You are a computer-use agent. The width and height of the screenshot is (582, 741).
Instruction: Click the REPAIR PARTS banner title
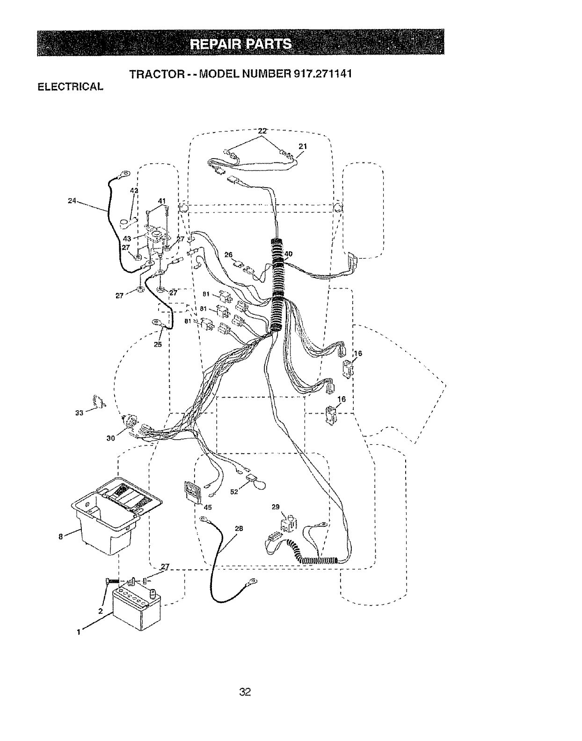(240, 44)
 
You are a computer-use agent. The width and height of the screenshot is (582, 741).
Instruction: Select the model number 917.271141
(318, 74)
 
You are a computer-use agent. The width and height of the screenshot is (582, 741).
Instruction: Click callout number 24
(72, 202)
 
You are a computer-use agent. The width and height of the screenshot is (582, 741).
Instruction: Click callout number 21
(303, 146)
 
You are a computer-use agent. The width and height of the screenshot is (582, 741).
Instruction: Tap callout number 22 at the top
(262, 131)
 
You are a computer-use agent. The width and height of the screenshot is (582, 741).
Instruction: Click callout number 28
(239, 528)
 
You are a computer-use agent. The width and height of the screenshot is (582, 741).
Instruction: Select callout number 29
(275, 507)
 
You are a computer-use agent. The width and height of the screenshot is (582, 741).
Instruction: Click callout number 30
(111, 438)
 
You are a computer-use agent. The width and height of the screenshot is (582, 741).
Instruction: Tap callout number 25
(157, 345)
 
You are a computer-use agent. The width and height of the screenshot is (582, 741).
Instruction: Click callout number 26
(228, 254)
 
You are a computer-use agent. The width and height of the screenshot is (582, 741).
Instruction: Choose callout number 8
(61, 537)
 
